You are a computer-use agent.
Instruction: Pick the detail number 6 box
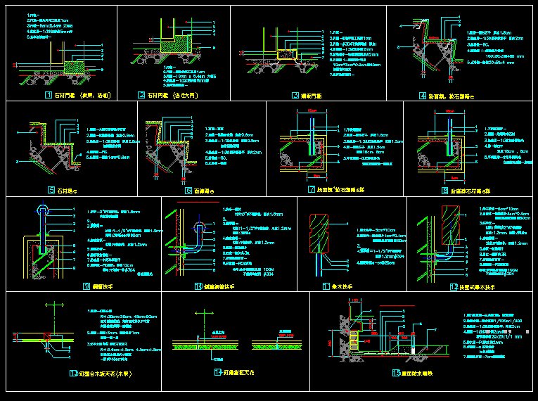pos(188,190)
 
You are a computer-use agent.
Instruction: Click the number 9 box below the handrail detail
pos(86,286)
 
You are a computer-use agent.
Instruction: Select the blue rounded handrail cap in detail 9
pos(43,209)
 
